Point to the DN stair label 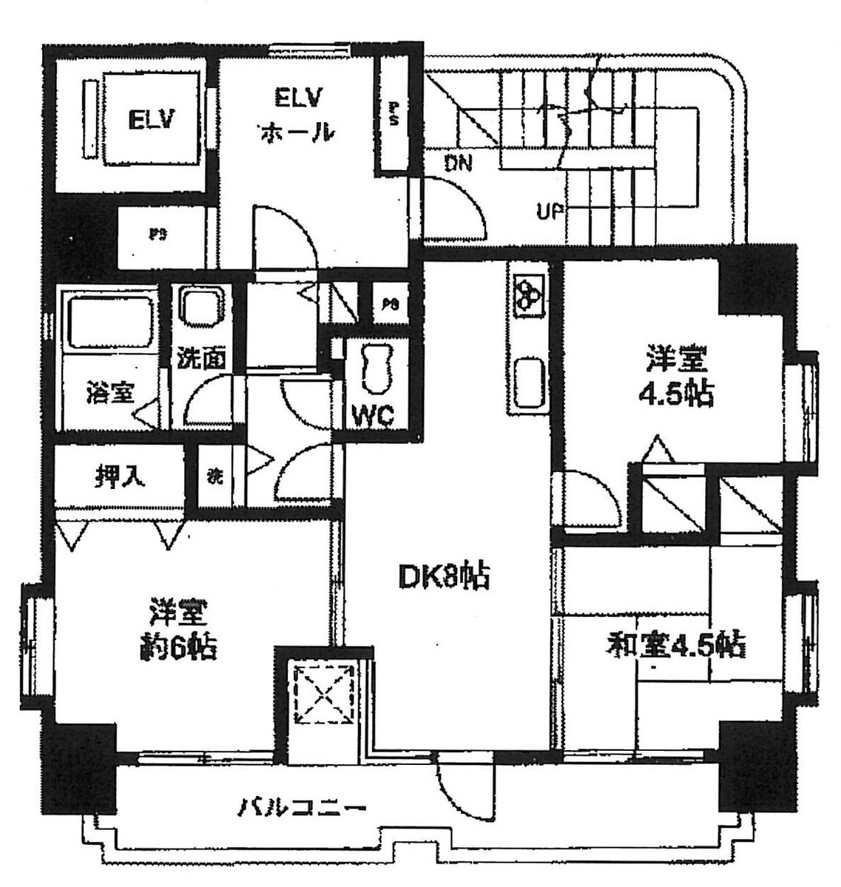coord(459,163)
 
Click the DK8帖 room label coord(444,576)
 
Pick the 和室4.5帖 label coord(675,644)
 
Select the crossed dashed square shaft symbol coord(322,695)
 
